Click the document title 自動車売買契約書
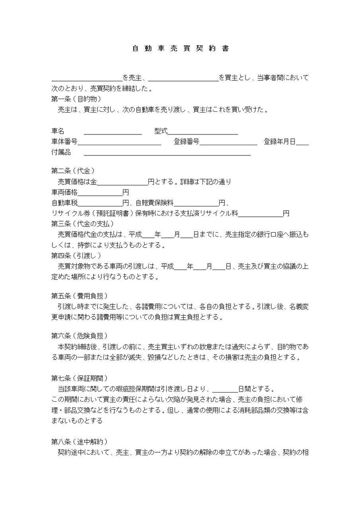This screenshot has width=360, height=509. pos(180,49)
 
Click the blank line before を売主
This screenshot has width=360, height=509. pos(87,78)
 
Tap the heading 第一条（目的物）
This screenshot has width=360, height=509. pos(76,99)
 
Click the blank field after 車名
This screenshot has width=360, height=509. pos(113,132)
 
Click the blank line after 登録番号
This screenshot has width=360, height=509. pos(228,142)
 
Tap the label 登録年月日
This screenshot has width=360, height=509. pos(279,142)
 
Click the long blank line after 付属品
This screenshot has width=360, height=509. pos(167,152)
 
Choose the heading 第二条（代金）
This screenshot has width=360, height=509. pos(73,171)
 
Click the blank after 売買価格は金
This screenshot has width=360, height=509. pos(122,183)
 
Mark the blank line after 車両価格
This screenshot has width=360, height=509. pos(100,193)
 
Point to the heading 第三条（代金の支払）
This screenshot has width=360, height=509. pos(83,223)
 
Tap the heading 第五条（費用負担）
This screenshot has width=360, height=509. pos(79,296)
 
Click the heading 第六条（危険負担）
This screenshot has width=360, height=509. pos(79,336)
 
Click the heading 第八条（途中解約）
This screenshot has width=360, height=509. pos(79,441)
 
